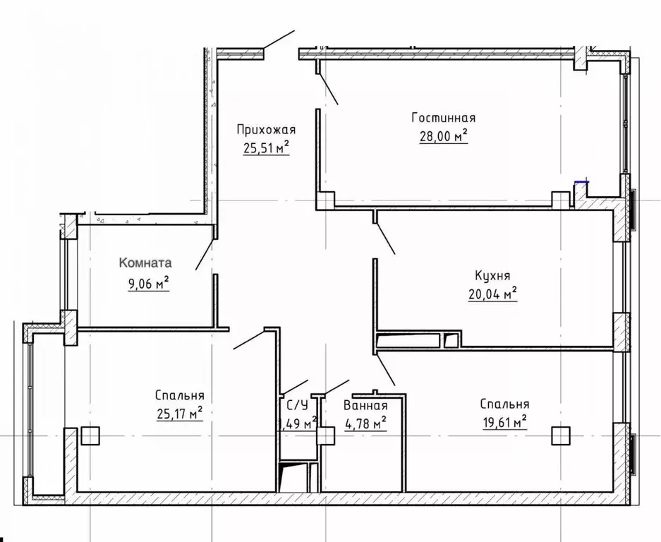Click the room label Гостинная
click(x=442, y=118)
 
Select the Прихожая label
click(x=265, y=129)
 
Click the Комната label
click(x=146, y=263)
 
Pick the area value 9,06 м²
click(x=145, y=284)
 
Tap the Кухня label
click(x=492, y=276)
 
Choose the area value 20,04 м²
click(x=493, y=294)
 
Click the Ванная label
click(x=365, y=405)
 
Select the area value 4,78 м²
click(x=365, y=423)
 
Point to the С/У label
click(x=296, y=405)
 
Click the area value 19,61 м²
click(x=504, y=422)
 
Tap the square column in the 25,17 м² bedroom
click(x=90, y=436)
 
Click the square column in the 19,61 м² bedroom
click(x=562, y=436)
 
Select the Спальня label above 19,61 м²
click(x=504, y=404)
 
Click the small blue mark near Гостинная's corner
click(x=582, y=182)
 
